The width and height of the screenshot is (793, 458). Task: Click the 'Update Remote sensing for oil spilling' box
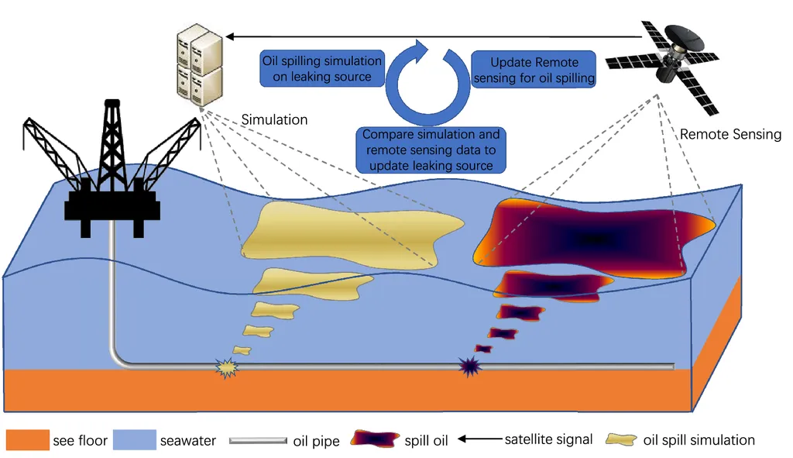click(x=534, y=70)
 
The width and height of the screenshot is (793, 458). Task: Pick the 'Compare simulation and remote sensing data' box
click(x=431, y=150)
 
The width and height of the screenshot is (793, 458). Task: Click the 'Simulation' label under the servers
click(x=274, y=120)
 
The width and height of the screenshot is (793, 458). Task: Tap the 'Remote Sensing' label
click(x=730, y=135)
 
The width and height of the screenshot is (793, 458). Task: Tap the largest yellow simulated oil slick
click(x=352, y=229)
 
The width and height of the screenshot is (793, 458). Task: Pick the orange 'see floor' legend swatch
click(x=27, y=440)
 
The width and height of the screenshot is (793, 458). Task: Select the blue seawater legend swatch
click(x=134, y=440)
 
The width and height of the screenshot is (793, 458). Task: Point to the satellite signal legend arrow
click(x=477, y=440)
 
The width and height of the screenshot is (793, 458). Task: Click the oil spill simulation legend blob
click(x=623, y=440)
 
